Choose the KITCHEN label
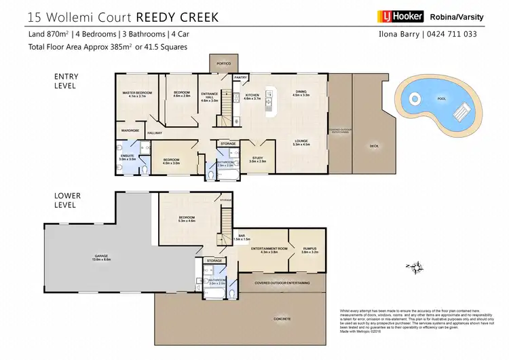coord(252,96)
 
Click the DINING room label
coord(301,92)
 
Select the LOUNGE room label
coord(301,141)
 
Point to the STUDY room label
coord(257,158)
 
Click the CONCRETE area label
coord(282,319)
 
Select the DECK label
coord(373,145)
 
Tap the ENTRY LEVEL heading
coord(65,83)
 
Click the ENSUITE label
coord(128,156)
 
